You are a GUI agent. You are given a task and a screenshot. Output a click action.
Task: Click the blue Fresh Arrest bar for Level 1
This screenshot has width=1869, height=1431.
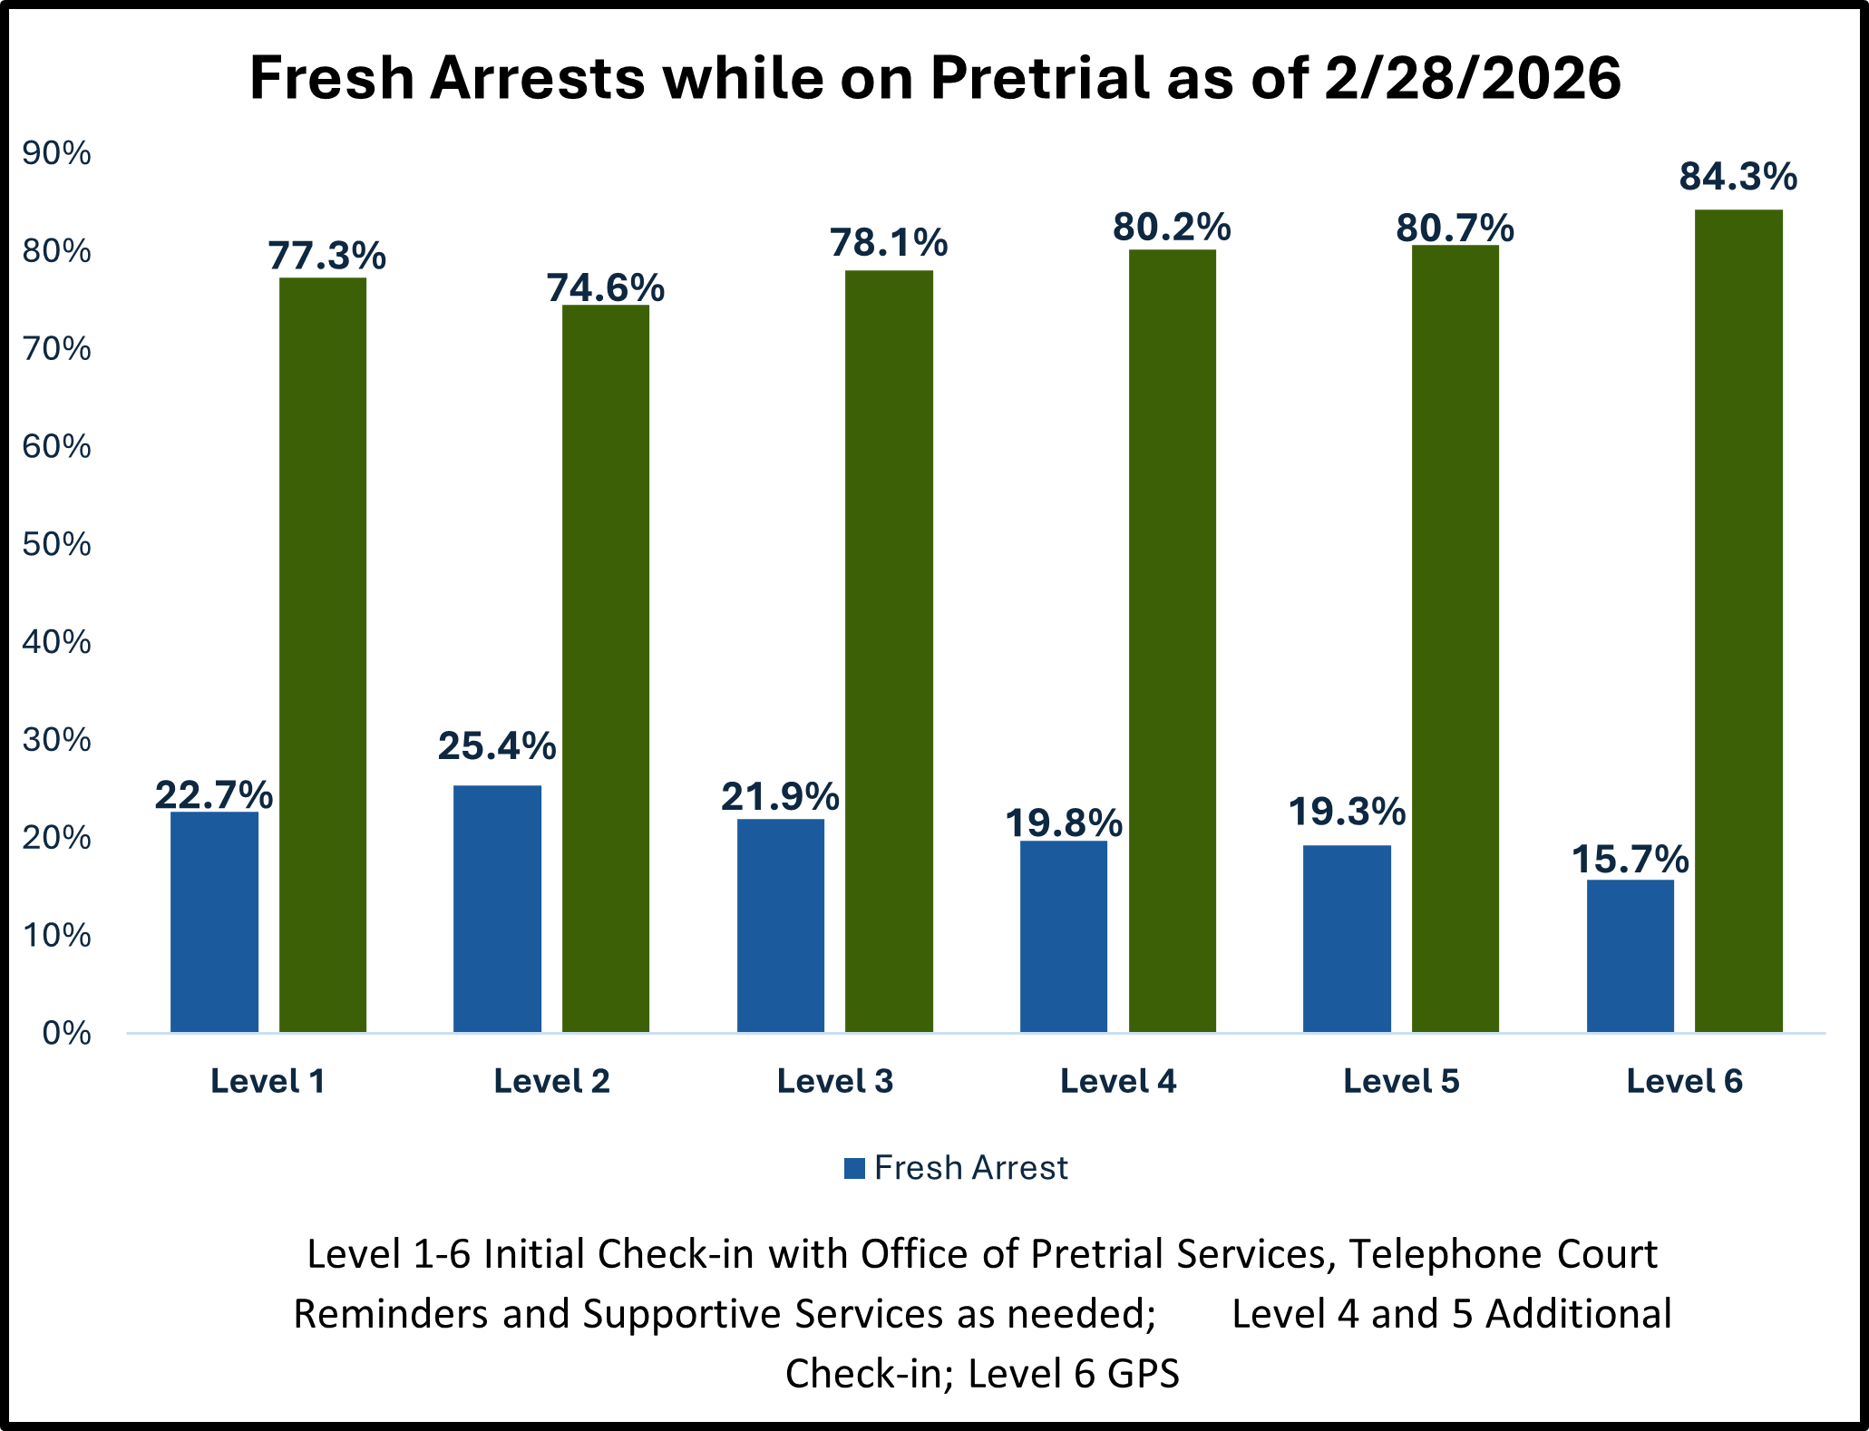tap(214, 921)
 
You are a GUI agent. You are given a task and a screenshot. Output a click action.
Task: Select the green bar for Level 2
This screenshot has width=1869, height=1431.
tap(606, 668)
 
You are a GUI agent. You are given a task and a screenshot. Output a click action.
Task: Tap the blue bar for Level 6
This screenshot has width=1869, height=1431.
tap(1630, 956)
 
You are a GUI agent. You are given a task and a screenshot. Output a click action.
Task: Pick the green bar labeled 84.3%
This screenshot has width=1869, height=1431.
tap(1738, 621)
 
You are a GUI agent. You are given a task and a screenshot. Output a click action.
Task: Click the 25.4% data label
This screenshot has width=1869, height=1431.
tap(497, 746)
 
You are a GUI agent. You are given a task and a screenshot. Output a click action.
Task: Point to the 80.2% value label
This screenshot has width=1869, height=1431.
tap(1172, 228)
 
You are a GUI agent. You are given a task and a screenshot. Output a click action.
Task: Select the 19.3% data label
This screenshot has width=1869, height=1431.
tap(1347, 812)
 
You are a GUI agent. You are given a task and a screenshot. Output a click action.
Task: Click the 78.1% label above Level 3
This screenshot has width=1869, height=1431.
tap(889, 243)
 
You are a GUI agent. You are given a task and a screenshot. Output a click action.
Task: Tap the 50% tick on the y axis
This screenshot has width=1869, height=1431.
tap(56, 544)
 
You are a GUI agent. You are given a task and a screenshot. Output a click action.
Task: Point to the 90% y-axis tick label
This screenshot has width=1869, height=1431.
tap(56, 153)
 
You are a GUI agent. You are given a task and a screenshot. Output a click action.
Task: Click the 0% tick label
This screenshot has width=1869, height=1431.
tap(65, 1033)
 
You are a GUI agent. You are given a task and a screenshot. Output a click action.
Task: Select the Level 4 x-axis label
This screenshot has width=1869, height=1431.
tap(1118, 1081)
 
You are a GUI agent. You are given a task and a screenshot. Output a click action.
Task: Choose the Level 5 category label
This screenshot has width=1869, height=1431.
tap(1401, 1081)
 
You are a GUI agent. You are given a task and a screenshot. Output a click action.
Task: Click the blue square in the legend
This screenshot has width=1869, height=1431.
tap(854, 1168)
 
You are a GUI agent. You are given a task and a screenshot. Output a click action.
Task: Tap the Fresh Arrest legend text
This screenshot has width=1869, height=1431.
tap(970, 1168)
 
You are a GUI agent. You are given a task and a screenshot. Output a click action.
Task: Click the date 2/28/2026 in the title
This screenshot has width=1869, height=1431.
tap(1472, 78)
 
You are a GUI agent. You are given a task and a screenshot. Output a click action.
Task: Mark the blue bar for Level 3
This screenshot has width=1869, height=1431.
tap(780, 925)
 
